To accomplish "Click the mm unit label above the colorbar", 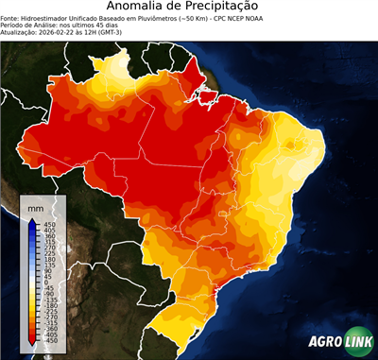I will (36, 204).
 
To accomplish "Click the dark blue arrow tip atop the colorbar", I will (32, 221).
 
